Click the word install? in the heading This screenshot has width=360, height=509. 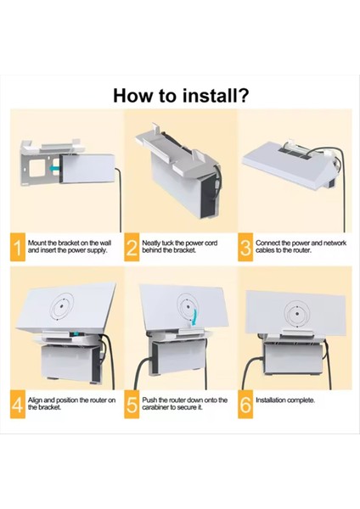[x=216, y=95]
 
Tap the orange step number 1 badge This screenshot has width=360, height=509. [x=18, y=247]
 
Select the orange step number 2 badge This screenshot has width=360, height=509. [x=132, y=247]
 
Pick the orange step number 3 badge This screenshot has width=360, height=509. [x=245, y=247]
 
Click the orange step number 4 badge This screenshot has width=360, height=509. [x=18, y=404]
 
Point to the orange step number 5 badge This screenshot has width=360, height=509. [x=132, y=404]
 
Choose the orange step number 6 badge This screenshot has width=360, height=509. [x=245, y=404]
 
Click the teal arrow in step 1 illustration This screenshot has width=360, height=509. [x=55, y=168]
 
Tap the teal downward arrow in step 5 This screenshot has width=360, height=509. [x=194, y=317]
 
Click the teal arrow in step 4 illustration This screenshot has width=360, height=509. [x=76, y=334]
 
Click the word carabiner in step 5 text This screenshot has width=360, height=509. [x=155, y=407]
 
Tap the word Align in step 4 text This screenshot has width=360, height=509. [x=36, y=400]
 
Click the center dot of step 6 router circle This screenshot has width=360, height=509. [x=297, y=314]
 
